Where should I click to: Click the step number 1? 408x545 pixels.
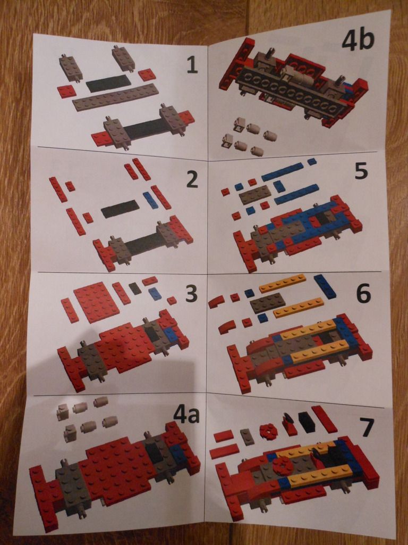pyautogui.click(x=192, y=65)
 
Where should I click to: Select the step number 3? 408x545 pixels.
pyautogui.click(x=191, y=293)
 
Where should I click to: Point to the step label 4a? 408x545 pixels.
pyautogui.click(x=186, y=414)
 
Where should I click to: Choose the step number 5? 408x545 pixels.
pyautogui.click(x=361, y=171)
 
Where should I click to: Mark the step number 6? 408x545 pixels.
pyautogui.click(x=363, y=294)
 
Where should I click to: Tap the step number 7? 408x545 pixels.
pyautogui.click(x=367, y=427)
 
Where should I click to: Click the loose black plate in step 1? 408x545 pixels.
pyautogui.click(x=108, y=83)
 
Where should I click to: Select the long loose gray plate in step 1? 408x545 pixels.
pyautogui.click(x=115, y=97)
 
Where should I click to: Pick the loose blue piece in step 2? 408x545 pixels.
pyautogui.click(x=150, y=200)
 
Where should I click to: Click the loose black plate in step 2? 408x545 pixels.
pyautogui.click(x=120, y=209)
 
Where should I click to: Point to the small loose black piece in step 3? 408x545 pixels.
pyautogui.click(x=135, y=288)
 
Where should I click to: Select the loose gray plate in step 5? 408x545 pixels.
pyautogui.click(x=256, y=194)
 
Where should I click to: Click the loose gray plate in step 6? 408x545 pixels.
pyautogui.click(x=268, y=302)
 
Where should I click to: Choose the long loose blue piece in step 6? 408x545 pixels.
pyautogui.click(x=325, y=286)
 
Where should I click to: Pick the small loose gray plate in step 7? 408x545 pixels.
pyautogui.click(x=247, y=437)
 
